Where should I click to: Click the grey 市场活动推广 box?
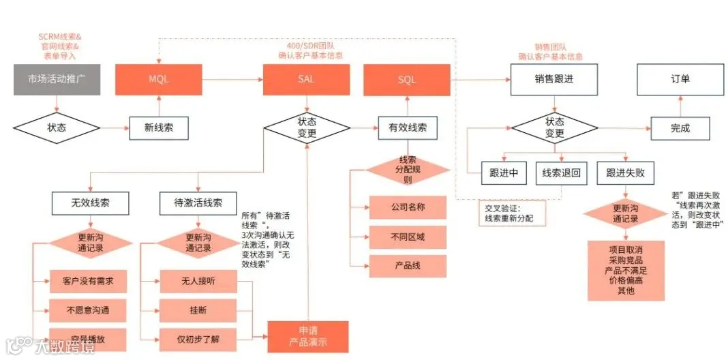point(57,80)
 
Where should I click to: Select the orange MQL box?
point(158,80)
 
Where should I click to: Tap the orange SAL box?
point(306,80)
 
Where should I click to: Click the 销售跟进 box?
point(554,79)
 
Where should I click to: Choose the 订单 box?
point(680,79)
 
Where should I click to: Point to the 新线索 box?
point(158,127)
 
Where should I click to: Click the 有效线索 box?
point(408,127)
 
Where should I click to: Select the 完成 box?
point(680,127)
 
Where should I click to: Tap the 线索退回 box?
point(561,173)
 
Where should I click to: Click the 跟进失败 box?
point(625,173)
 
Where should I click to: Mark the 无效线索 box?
point(90,202)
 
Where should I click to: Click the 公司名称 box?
point(408,207)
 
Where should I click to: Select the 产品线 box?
point(408,265)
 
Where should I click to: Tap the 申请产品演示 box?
point(307,336)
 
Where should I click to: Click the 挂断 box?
point(198,310)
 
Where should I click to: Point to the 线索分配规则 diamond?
point(408,169)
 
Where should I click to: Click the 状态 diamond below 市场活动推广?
point(57,127)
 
